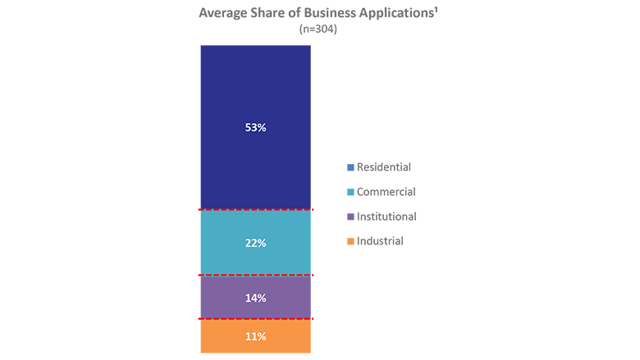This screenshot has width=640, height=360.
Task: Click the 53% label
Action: (x=256, y=128)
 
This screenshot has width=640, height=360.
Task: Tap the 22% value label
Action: (x=256, y=244)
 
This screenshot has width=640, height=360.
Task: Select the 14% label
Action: (x=256, y=298)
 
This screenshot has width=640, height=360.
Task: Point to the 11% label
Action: (x=256, y=337)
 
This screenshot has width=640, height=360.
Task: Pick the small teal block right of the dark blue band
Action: (x=343, y=192)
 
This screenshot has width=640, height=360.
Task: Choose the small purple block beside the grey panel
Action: (x=343, y=216)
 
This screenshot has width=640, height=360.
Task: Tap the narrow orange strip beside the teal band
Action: (x=345, y=254)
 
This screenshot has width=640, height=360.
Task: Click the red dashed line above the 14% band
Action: (x=254, y=275)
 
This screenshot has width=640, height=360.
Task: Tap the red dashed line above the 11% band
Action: (x=254, y=318)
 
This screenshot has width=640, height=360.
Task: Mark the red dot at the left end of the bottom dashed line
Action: (x=199, y=318)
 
